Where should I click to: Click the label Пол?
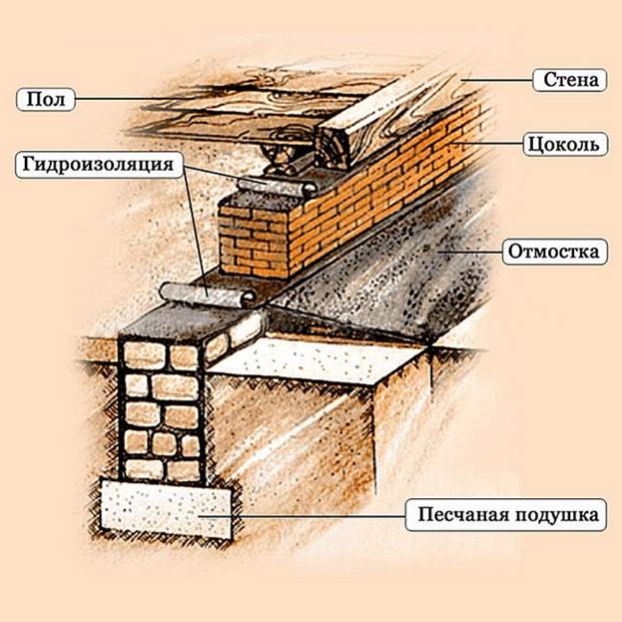point(46,99)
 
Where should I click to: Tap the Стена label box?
point(570,80)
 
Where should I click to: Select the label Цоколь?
point(565,145)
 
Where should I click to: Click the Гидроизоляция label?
point(99,165)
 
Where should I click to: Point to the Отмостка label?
point(554,252)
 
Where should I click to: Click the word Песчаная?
point(462,515)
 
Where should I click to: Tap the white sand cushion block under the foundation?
point(166,508)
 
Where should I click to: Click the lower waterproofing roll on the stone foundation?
point(208,296)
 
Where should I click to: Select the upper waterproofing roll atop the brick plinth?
point(277,187)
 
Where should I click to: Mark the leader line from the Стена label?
point(496,80)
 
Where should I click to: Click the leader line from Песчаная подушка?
point(302,516)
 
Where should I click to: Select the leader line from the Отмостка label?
point(470,252)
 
